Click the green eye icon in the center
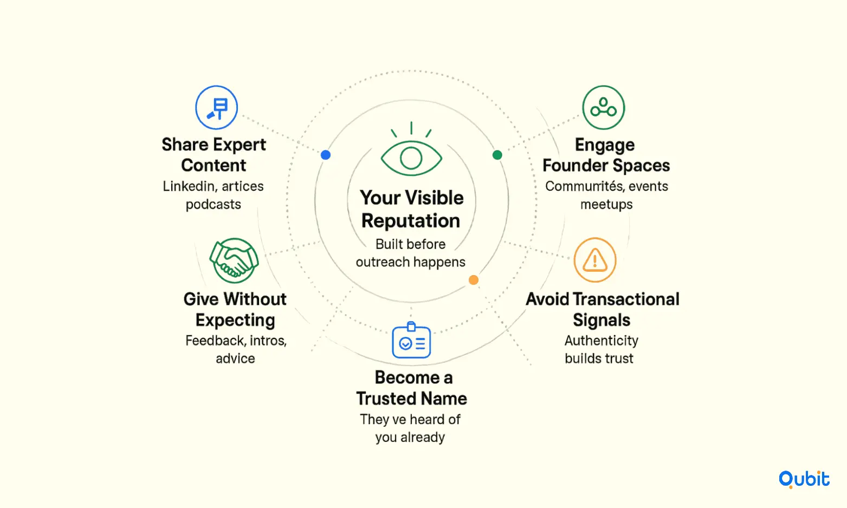[x=411, y=149]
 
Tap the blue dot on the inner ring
[x=326, y=154]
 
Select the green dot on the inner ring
[x=497, y=154]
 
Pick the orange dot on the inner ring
[x=474, y=279]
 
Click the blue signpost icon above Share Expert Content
[x=217, y=107]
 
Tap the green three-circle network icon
[x=604, y=107]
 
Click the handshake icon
[x=234, y=260]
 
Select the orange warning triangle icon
[x=595, y=260]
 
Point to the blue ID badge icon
[x=411, y=340]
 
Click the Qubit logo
[x=804, y=479]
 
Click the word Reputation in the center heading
[x=411, y=221]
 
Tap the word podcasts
[x=214, y=205]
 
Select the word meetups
[x=606, y=205]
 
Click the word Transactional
[x=626, y=299]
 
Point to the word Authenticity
[x=601, y=341]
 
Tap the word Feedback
[x=215, y=341]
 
